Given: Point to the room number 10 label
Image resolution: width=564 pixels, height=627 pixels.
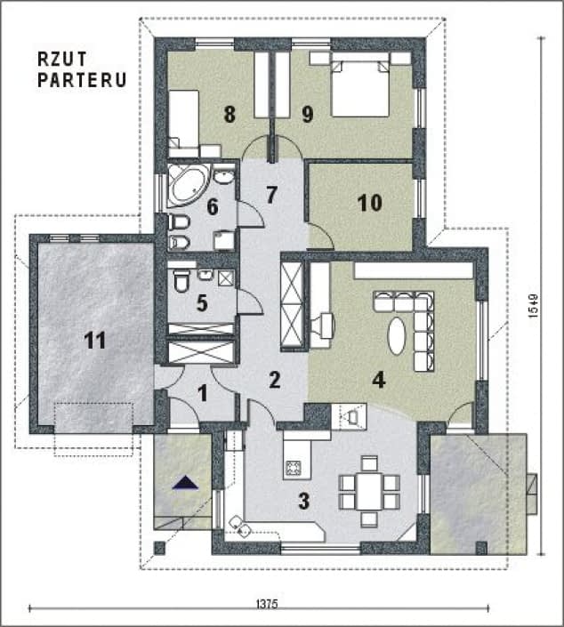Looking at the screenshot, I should (369, 204).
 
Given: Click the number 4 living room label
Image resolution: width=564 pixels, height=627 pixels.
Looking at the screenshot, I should (378, 381).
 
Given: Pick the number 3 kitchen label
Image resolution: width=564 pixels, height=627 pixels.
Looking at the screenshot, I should (303, 501).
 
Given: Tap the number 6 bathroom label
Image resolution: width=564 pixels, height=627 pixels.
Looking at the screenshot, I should (212, 206).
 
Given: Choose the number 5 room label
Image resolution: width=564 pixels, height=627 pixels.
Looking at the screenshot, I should (202, 302).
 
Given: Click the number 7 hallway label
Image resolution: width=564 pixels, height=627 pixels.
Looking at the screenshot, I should (271, 194).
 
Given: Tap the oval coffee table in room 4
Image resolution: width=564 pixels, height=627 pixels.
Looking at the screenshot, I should (396, 335).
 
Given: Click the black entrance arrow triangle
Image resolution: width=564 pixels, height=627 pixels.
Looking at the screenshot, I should (186, 483).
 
